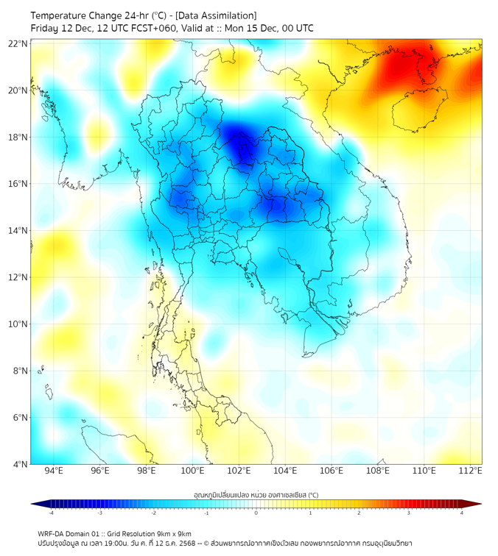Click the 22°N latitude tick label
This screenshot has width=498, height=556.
click(18, 43)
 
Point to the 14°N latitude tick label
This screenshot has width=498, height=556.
click(18, 231)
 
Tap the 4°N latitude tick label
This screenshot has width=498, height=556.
click(21, 464)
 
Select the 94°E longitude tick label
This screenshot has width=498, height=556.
click(54, 471)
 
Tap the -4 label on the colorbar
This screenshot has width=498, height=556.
click(51, 513)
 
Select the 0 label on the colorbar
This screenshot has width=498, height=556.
click(256, 513)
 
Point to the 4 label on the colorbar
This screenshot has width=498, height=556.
click(462, 513)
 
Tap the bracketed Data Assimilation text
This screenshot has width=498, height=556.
click(218, 15)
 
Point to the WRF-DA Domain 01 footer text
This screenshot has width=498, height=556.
click(70, 533)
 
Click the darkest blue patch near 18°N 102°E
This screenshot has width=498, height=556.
click(240, 144)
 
